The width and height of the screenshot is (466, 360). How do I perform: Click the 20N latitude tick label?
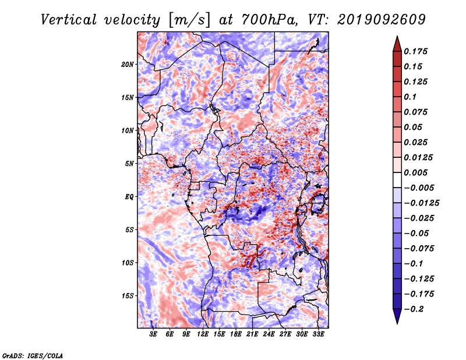[128, 65]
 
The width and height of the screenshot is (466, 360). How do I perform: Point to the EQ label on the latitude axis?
[129, 197]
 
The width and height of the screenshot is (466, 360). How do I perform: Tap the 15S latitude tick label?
[128, 296]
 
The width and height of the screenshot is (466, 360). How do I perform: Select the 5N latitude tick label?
[129, 164]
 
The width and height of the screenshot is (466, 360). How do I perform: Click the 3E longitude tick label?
[153, 334]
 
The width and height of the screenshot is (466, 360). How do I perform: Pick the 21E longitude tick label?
[252, 334]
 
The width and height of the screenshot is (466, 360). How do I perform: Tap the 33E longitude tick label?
[318, 334]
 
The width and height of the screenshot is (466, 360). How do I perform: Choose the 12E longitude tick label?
[202, 334]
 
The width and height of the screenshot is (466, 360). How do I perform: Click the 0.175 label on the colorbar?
[415, 51]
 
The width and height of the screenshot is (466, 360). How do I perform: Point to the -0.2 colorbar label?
[414, 309]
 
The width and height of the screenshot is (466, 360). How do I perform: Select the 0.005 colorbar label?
[415, 172]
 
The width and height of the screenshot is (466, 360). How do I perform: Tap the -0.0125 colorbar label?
[421, 203]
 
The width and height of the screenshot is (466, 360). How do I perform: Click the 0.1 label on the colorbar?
[410, 97]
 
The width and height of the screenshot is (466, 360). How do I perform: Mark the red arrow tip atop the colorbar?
[397, 36]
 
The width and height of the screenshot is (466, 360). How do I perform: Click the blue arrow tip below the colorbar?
[397, 323]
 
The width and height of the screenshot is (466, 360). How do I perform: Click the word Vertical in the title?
[69, 20]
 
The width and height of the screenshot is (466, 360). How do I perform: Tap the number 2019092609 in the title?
[382, 20]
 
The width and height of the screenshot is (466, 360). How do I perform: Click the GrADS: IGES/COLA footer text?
[33, 355]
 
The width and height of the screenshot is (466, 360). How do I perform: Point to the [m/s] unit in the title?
[189, 20]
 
